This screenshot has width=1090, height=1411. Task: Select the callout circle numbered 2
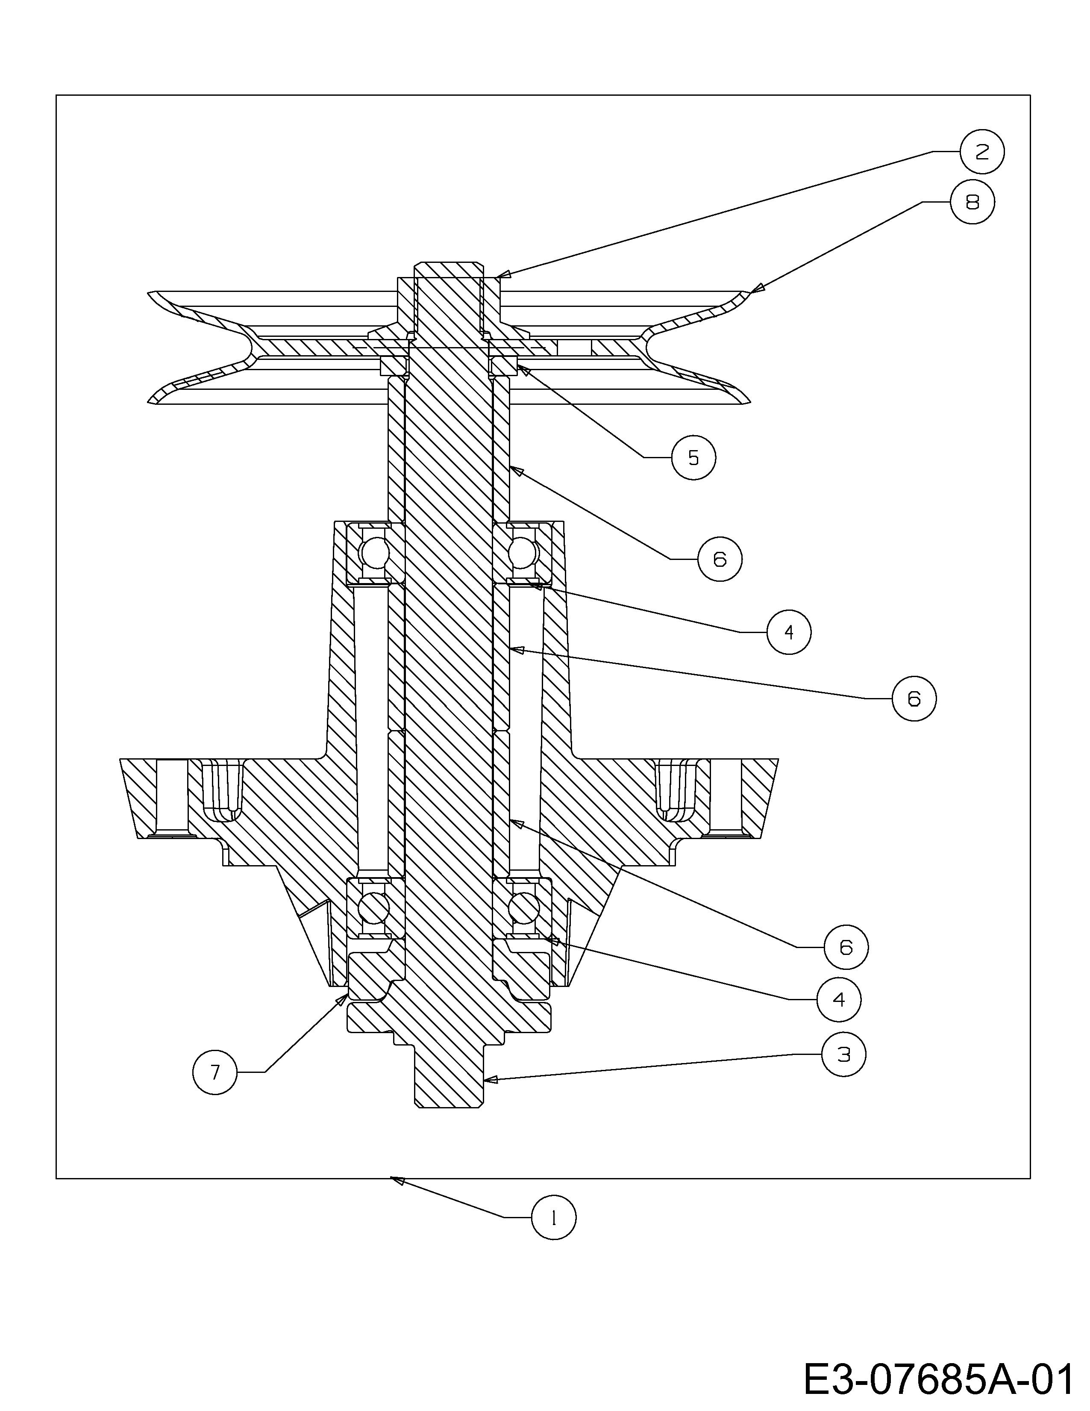coord(981,152)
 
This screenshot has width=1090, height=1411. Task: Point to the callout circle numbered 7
coord(215,1072)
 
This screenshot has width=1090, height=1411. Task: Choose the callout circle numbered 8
coord(972,202)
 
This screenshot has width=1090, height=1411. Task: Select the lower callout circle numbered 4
coord(839,999)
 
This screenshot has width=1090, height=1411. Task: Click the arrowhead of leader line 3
coord(487,1079)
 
